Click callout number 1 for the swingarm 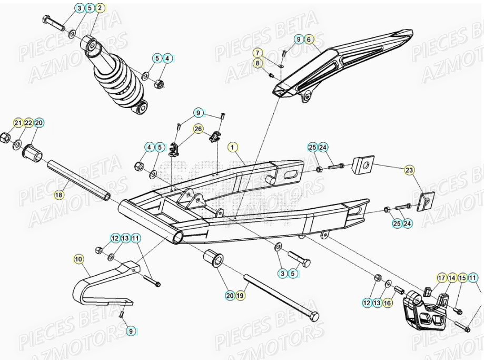[233, 147]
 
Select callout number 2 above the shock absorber [100, 8]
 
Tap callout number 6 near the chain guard [309, 39]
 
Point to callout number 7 [258, 53]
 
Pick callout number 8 [258, 63]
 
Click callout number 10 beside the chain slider [78, 259]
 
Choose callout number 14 [452, 278]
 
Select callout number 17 [441, 278]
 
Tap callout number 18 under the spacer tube [58, 195]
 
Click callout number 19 [240, 295]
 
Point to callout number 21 [18, 123]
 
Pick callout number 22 [28, 123]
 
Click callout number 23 [409, 170]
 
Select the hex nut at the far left [6, 137]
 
